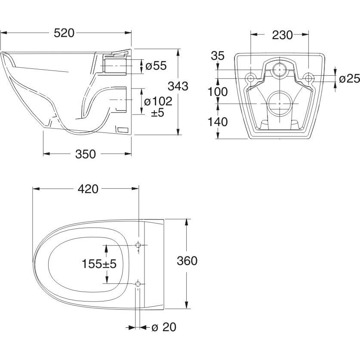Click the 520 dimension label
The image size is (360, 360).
(x=64, y=33)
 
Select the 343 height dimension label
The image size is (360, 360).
(x=178, y=86)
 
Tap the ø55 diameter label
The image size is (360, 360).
(x=156, y=66)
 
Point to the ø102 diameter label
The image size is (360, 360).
(x=158, y=101)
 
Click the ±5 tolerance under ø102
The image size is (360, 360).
(x=157, y=113)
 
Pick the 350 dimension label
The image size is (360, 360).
(x=86, y=154)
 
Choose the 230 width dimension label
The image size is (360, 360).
(x=283, y=35)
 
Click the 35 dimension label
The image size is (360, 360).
(x=218, y=55)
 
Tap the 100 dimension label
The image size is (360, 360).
(x=218, y=92)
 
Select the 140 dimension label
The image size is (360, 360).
(x=218, y=122)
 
